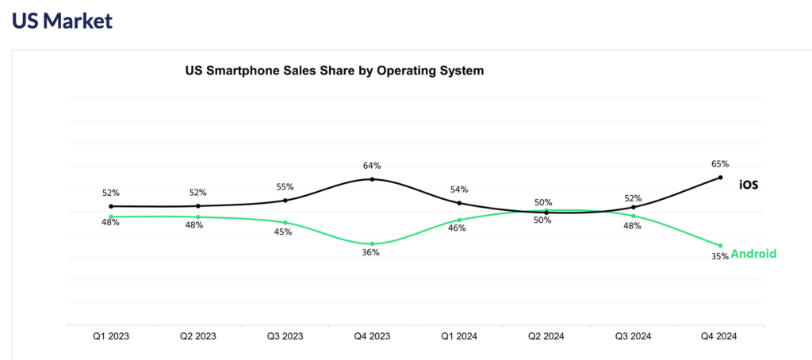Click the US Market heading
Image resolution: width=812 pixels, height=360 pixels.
pyautogui.click(x=62, y=21)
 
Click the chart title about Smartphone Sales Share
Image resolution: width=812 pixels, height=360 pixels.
pyautogui.click(x=334, y=71)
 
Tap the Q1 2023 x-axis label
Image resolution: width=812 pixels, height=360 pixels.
pyautogui.click(x=110, y=336)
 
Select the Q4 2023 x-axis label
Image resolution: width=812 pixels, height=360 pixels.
pyautogui.click(x=372, y=336)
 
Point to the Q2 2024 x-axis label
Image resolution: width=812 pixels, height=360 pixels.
pyautogui.click(x=546, y=336)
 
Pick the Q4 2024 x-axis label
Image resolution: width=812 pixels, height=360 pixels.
pyautogui.click(x=719, y=336)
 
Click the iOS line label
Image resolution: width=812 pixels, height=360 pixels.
pyautogui.click(x=749, y=185)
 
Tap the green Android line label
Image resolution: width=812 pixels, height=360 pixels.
pyautogui.click(x=753, y=254)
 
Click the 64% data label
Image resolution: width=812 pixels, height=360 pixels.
pyautogui.click(x=372, y=166)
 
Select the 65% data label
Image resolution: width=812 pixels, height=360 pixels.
pyautogui.click(x=720, y=164)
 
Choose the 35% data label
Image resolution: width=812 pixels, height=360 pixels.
pyautogui.click(x=720, y=256)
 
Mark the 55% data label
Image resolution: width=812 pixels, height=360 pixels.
pyautogui.click(x=285, y=187)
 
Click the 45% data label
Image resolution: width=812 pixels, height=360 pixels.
pyautogui.click(x=282, y=232)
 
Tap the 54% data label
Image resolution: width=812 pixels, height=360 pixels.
pyautogui.click(x=459, y=190)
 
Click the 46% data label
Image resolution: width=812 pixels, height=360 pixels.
pyautogui.click(x=458, y=228)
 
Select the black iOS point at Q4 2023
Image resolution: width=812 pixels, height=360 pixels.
pyautogui.click(x=372, y=179)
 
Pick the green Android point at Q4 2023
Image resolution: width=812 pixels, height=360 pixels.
pyautogui.click(x=372, y=243)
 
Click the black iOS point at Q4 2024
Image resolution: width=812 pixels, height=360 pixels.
pyautogui.click(x=720, y=178)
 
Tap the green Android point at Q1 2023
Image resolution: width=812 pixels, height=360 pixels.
pyautogui.click(x=111, y=216)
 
